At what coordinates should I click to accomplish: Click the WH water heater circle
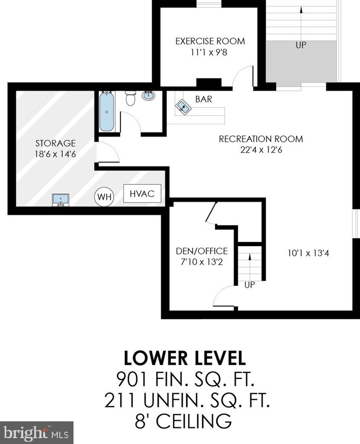[104, 197]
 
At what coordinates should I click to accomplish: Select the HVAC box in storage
[142, 194]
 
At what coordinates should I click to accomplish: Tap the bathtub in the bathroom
[107, 111]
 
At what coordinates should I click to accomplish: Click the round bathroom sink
[148, 95]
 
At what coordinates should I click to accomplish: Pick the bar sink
[183, 107]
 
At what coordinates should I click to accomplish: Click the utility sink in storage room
[61, 200]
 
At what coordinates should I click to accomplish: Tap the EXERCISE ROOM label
[210, 41]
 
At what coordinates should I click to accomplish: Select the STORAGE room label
[56, 143]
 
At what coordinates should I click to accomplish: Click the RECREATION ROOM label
[261, 139]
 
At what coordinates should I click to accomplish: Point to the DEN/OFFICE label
[202, 251]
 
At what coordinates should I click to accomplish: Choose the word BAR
[203, 99]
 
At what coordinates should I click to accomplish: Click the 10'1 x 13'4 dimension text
[308, 253]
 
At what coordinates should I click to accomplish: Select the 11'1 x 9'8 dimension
[209, 53]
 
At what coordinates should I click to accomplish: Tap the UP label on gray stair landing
[301, 45]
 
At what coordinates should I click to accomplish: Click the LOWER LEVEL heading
[185, 358]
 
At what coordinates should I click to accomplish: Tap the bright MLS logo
[37, 433]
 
